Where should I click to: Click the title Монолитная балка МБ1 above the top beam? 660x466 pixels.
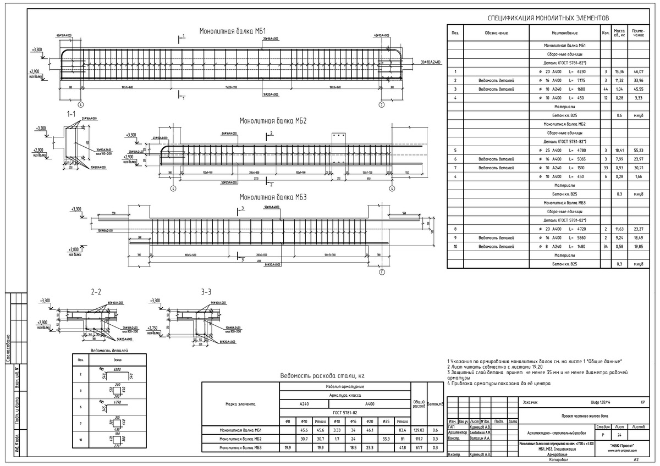click(233, 31)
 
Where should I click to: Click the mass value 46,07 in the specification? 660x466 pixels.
click(639, 72)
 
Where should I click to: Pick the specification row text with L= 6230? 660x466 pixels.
click(570, 72)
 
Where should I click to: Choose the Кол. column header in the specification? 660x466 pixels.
click(605, 33)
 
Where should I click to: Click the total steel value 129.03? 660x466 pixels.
click(419, 430)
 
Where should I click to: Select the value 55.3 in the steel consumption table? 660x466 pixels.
click(386, 439)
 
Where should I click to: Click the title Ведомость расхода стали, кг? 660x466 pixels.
click(322, 375)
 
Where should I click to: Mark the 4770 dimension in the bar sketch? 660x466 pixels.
click(117, 402)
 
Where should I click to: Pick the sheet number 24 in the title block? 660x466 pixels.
click(619, 434)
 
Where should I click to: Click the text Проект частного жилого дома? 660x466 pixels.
click(584, 415)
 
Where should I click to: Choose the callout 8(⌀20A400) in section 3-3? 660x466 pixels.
click(225, 341)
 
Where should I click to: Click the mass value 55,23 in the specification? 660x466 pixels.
click(639, 149)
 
